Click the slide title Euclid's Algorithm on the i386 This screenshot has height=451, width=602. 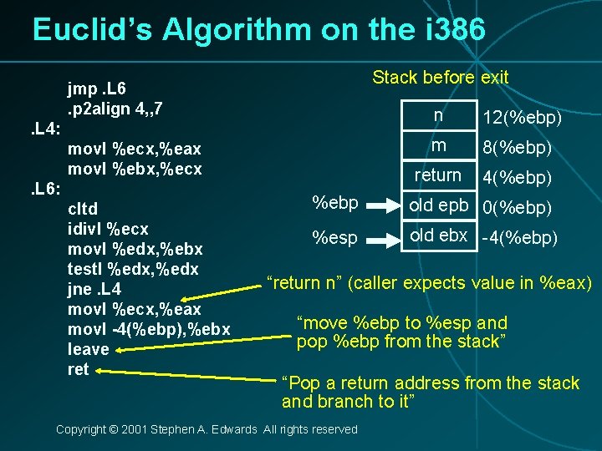point(258,29)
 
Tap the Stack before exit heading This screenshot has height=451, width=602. point(440,78)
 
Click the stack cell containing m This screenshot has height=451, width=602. point(437,146)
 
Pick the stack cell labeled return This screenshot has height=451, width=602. point(437,175)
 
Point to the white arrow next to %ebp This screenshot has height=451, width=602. point(384,204)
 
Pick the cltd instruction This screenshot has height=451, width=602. point(82,209)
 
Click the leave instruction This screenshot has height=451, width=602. point(88,349)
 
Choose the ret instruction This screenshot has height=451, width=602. point(78,369)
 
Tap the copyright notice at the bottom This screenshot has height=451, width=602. point(206,429)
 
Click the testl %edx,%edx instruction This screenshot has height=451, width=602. point(134,269)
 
